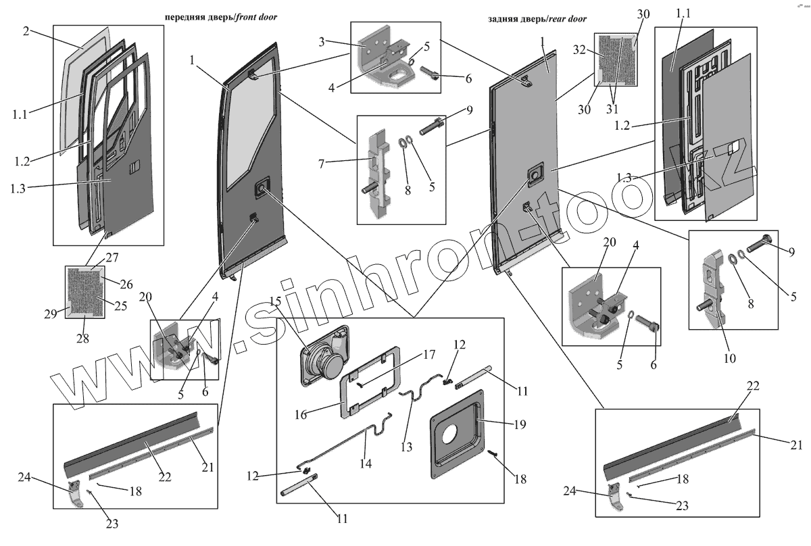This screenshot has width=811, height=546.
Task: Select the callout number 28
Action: coord(82,337)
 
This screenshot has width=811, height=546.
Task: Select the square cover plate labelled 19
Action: coord(457,430)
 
